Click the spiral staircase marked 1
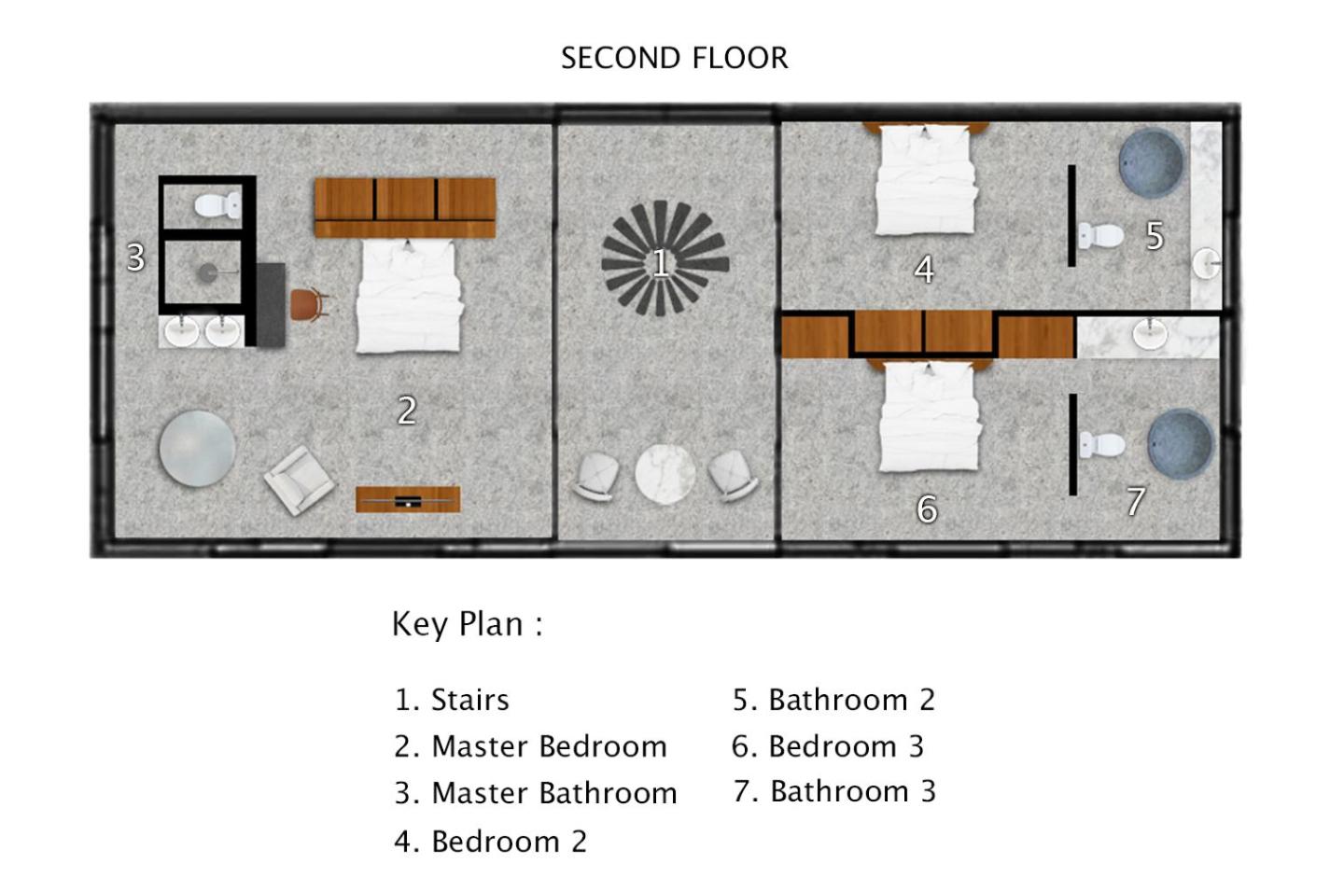coord(665,258)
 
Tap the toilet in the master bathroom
coord(217,205)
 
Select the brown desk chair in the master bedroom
coord(309,305)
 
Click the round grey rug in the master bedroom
coord(197,449)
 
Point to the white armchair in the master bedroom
coord(300,480)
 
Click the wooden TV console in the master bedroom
coord(408,499)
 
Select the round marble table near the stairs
coord(665,474)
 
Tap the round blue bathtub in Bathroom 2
coord(1152,161)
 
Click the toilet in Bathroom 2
coord(1100,236)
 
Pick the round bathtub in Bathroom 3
coord(1181,443)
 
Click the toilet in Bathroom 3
coord(1102,445)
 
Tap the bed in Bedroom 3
coord(930,415)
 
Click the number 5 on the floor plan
coord(1155,236)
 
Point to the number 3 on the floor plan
coord(136,258)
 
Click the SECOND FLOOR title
coord(675,58)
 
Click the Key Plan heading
coord(468,624)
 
